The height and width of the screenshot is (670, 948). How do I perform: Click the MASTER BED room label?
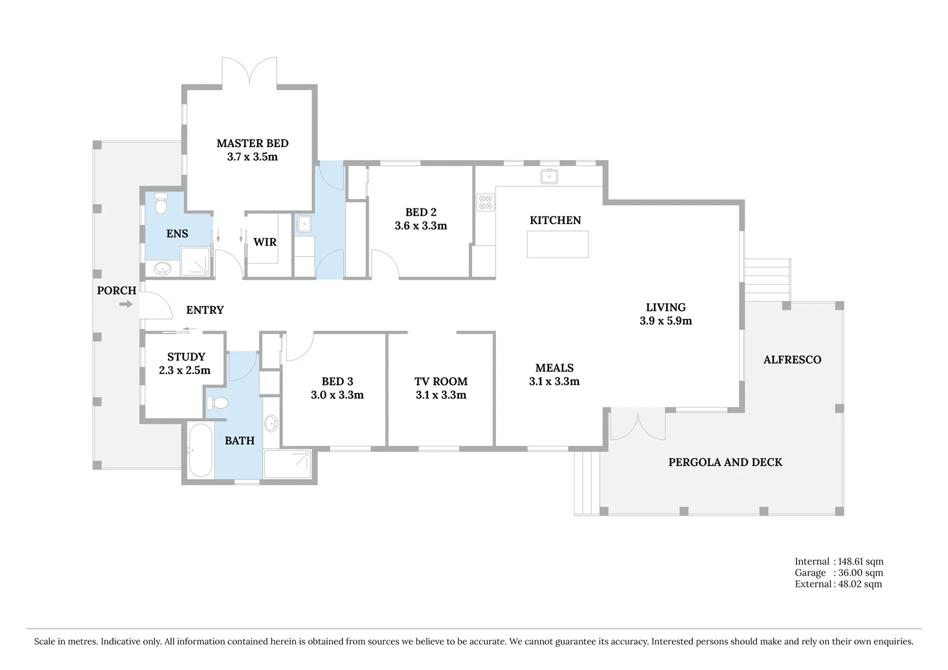[x=252, y=143]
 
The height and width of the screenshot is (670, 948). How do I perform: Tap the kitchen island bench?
[x=557, y=244]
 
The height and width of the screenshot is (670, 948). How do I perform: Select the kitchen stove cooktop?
[x=485, y=202]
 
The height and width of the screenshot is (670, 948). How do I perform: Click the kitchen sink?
[x=549, y=177]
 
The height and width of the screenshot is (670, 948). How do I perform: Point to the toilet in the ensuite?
[x=161, y=203]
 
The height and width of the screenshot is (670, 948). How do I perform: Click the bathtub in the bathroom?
[x=200, y=450]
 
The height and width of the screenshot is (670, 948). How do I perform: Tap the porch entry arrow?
[x=126, y=304]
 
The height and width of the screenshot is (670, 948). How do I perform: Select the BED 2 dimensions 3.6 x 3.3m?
[x=421, y=226]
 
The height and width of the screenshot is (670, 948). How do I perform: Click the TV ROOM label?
[x=440, y=382]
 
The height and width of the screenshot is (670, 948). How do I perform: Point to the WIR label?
[x=265, y=242]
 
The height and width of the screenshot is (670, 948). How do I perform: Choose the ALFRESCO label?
[x=792, y=360]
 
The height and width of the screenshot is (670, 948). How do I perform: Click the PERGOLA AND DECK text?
[x=725, y=462]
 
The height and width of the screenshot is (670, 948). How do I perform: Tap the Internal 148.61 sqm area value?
[x=861, y=561]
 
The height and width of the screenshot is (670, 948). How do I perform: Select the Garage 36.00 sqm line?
[x=838, y=573]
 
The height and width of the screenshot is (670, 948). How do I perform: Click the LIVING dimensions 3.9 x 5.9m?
[x=666, y=321]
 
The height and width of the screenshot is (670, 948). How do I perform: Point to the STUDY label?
[x=186, y=357]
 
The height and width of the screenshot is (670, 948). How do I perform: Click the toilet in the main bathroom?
[x=217, y=403]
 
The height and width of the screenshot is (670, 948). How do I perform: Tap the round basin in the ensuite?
[x=163, y=269]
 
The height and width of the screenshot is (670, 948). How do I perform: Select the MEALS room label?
[x=554, y=368]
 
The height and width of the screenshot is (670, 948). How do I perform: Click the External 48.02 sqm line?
[x=838, y=584]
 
